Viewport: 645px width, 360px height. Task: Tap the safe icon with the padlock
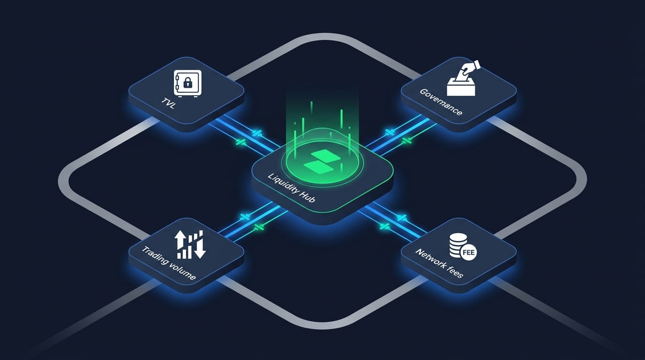coord(187,83)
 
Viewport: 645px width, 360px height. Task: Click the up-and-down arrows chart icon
coord(191,244)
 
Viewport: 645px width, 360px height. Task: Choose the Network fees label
coord(439,263)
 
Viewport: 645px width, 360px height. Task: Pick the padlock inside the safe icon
coord(187,84)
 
